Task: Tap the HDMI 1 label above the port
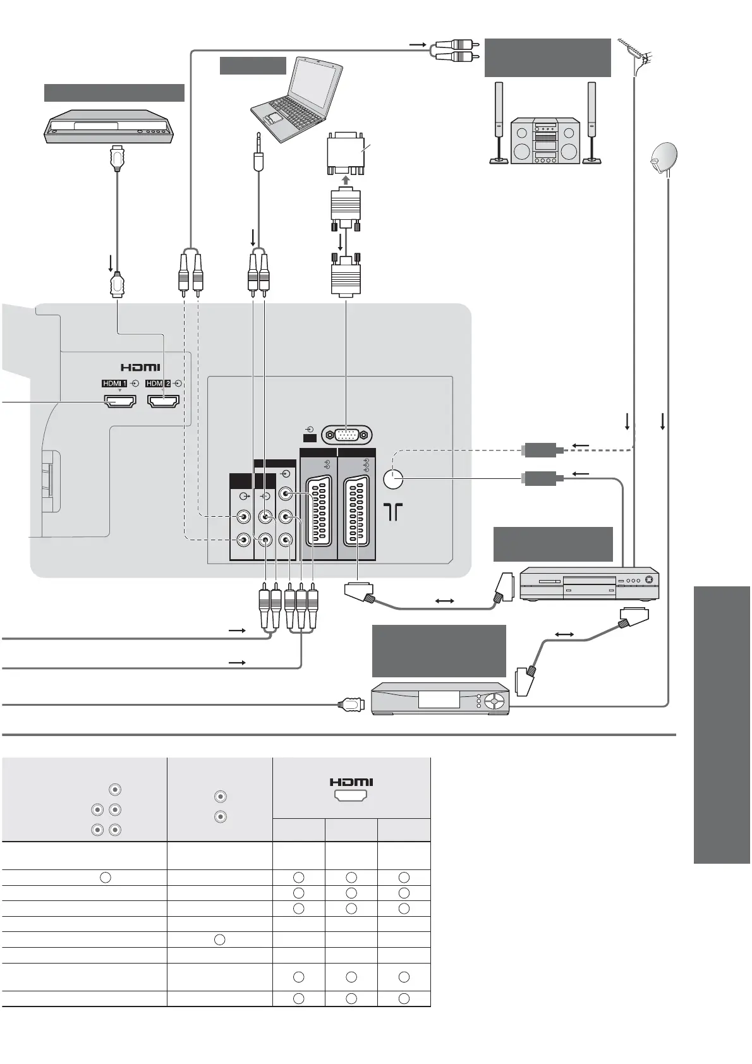click(114, 383)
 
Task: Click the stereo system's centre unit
click(545, 140)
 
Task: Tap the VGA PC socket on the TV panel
click(346, 435)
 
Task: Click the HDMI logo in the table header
click(351, 782)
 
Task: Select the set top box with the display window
click(440, 698)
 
